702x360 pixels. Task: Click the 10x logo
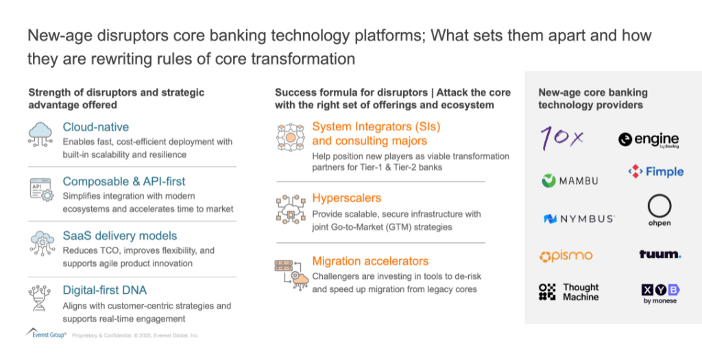562,137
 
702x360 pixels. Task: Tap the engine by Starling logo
649,140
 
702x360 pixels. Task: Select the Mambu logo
570,181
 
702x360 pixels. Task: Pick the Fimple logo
656,171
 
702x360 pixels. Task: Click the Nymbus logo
579,219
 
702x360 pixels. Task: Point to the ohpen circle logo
659,211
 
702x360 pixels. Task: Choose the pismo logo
566,256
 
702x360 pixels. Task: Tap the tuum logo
660,254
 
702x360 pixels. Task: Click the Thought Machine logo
568,292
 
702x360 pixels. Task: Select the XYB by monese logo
660,294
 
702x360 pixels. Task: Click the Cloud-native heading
96,127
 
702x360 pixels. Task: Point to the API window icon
41,189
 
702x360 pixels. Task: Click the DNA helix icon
39,298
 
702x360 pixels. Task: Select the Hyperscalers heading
346,198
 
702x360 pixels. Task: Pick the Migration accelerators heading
370,261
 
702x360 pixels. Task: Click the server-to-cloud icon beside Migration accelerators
291,274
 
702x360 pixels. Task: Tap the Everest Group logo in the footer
46,333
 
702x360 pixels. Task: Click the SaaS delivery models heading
120,236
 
